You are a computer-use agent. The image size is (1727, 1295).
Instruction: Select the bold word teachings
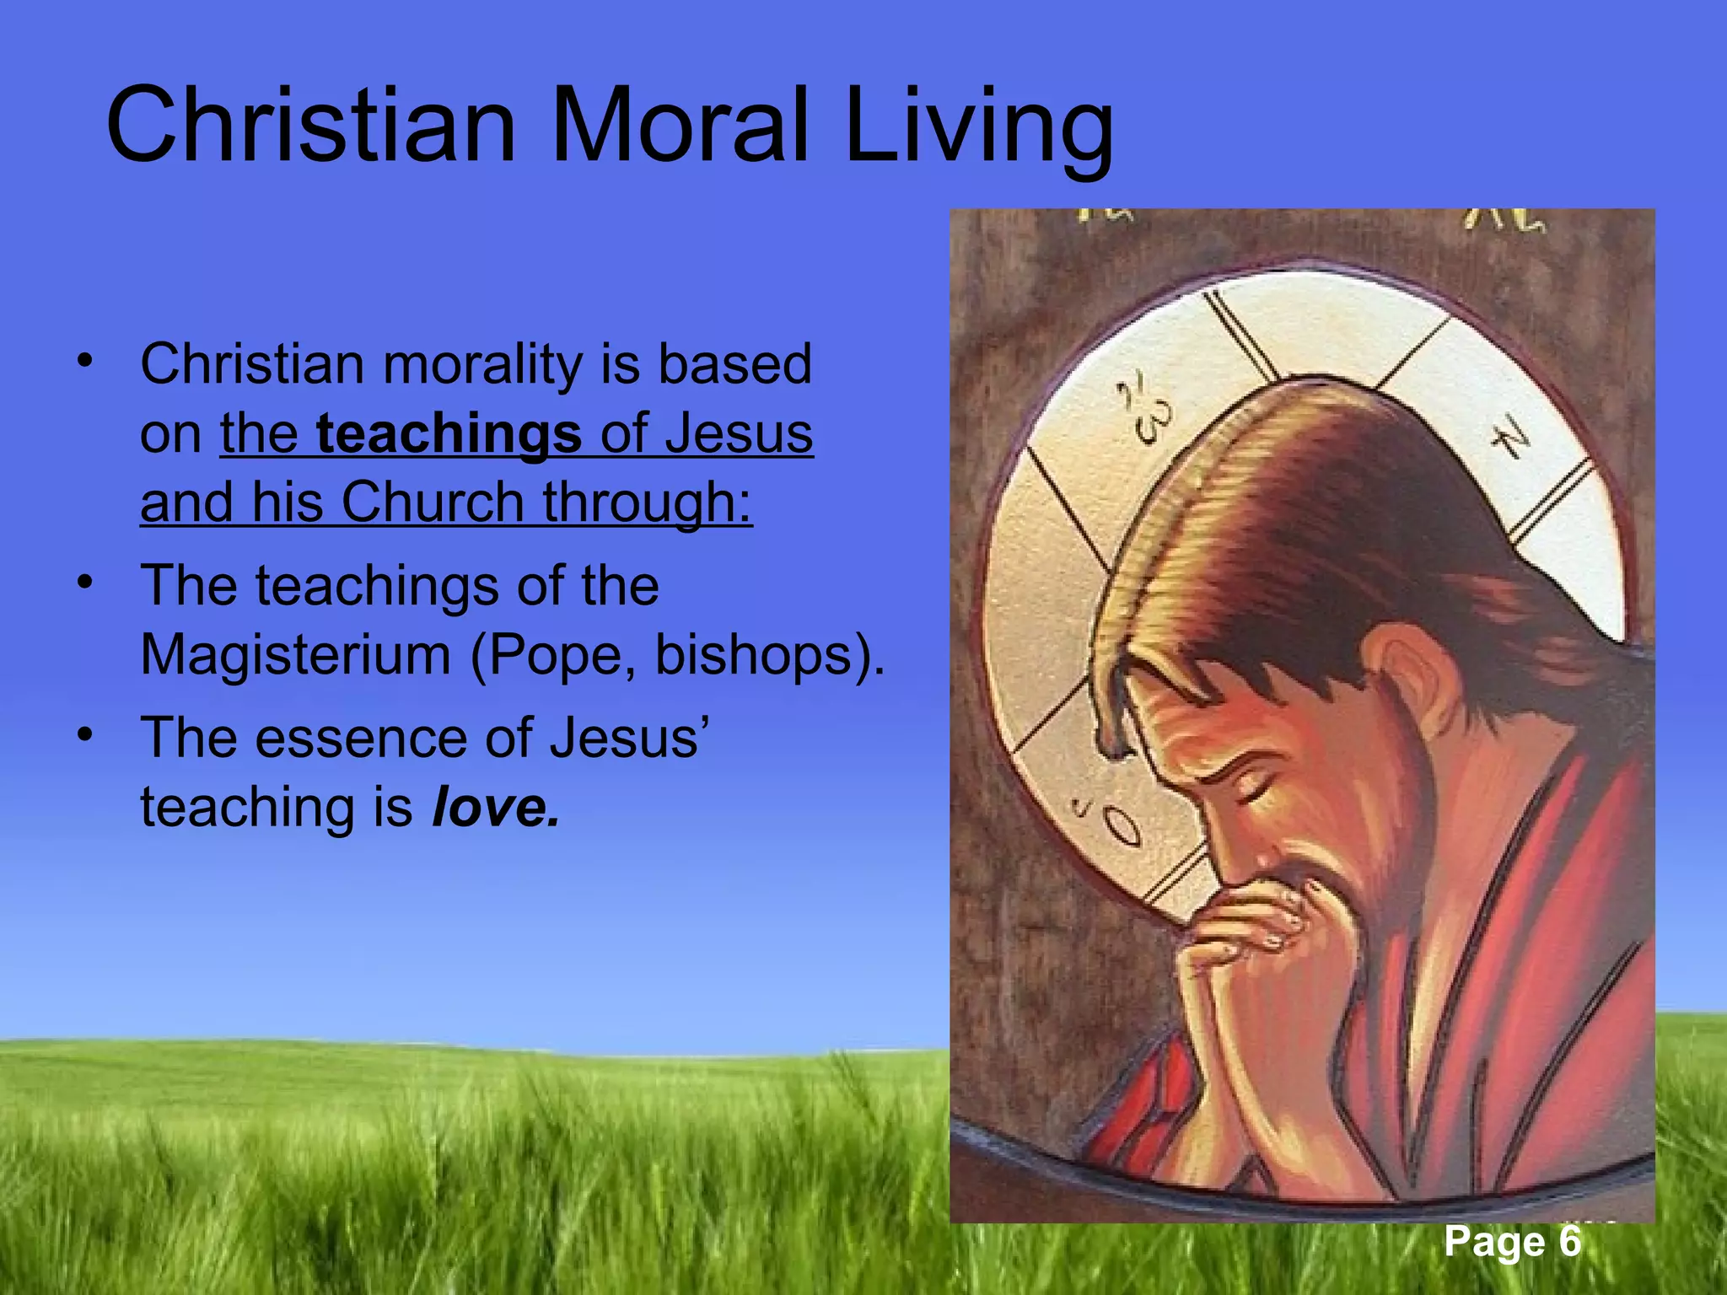click(x=449, y=433)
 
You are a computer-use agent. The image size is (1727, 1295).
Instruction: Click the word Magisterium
click(x=295, y=654)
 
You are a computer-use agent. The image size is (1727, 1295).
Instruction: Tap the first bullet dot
click(x=83, y=361)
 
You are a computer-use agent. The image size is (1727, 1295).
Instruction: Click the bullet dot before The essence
click(x=83, y=734)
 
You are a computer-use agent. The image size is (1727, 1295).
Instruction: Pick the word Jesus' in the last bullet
click(x=629, y=738)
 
